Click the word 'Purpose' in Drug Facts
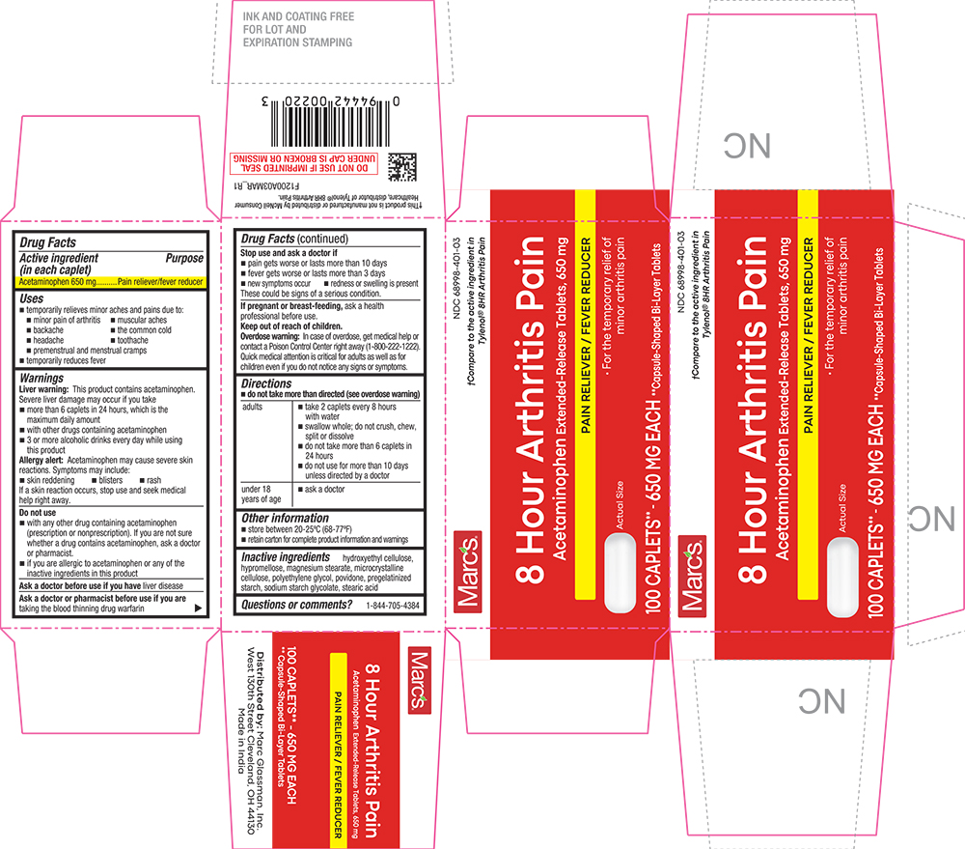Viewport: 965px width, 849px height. coord(183,259)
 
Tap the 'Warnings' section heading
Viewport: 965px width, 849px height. coord(41,379)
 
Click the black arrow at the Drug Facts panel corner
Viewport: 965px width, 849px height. coord(199,608)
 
